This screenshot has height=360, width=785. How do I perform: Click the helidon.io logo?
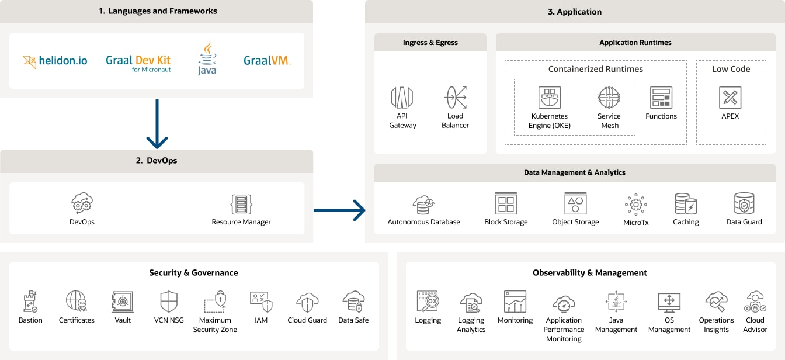pos(55,61)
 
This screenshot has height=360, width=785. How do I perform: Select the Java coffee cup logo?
pos(207,58)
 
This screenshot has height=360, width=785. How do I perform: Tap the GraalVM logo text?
pos(267,60)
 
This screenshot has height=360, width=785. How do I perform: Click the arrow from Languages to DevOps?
pos(157,123)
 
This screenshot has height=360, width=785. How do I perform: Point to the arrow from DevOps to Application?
pos(339,210)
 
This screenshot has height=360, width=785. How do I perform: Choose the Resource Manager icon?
pos(241,205)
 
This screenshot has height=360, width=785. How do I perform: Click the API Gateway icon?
pos(402,98)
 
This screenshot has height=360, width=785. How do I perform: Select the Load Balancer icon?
pos(455,98)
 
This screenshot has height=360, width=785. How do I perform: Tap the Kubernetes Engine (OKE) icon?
pos(550,98)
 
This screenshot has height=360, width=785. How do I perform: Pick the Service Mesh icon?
pos(609,98)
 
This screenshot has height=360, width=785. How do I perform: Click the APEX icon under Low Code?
pos(730,98)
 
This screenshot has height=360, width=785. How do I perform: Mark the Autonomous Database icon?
pos(423,205)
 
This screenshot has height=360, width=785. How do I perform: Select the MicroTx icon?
pos(635,205)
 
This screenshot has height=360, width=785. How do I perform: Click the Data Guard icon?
pos(744,204)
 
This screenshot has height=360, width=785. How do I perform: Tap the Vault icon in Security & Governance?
pos(123,302)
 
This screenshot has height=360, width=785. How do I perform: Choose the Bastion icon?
pos(30,302)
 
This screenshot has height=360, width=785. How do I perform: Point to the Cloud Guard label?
pos(307,320)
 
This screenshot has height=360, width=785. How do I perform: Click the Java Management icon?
pos(616,302)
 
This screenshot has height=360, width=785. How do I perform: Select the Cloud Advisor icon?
pos(755,302)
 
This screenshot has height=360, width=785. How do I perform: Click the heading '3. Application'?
pos(575,12)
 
